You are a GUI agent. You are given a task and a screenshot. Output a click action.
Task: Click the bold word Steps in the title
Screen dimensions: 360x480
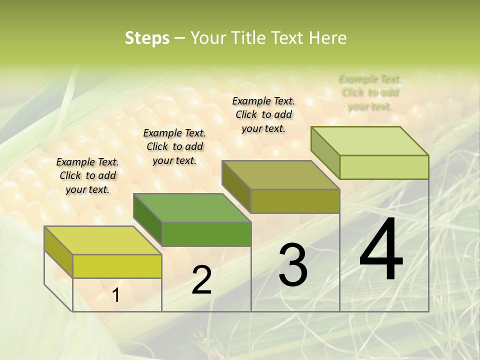click(x=147, y=38)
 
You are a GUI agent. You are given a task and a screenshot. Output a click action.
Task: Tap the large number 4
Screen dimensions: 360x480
click(x=381, y=250)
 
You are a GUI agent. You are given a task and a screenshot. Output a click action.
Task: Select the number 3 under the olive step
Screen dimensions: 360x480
click(x=293, y=265)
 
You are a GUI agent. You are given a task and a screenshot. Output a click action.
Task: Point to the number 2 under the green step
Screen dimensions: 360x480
click(x=202, y=280)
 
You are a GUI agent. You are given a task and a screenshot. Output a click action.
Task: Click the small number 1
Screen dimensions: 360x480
click(x=116, y=295)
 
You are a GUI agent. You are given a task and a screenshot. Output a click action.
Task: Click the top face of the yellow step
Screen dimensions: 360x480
click(x=102, y=240)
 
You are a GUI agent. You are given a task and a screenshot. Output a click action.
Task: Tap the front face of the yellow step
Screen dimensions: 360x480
click(x=117, y=266)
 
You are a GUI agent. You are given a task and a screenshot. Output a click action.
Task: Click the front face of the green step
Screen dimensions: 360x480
click(x=206, y=234)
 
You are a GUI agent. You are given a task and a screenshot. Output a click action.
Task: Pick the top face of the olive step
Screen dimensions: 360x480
click(x=280, y=175)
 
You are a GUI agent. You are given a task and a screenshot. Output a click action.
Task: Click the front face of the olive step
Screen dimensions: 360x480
click(x=295, y=201)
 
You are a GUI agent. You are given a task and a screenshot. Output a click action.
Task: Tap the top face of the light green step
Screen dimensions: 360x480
click(x=369, y=141)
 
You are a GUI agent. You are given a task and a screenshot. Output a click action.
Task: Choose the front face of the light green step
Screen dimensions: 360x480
click(x=384, y=167)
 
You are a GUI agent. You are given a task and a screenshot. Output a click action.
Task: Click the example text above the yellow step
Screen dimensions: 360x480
click(x=87, y=175)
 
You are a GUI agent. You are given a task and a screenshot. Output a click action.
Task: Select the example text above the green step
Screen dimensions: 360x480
click(x=174, y=146)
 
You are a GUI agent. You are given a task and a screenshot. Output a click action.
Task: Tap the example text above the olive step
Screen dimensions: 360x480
click(x=263, y=114)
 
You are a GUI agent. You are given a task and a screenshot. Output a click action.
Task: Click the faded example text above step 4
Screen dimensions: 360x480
click(x=370, y=92)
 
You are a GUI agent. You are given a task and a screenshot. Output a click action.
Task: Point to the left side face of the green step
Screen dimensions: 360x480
click(x=147, y=220)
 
